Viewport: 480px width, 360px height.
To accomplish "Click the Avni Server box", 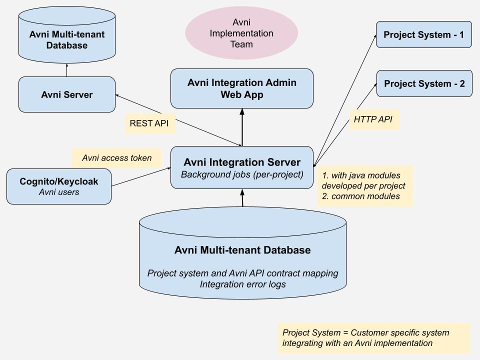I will (66, 94).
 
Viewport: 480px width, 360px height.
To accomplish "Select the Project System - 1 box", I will (423, 34).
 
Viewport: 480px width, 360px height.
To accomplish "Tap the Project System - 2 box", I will (424, 83).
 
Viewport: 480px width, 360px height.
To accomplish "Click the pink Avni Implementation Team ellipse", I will (241, 33).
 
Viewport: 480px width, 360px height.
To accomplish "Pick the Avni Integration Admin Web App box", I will (241, 88).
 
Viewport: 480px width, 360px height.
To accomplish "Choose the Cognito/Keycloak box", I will (59, 186).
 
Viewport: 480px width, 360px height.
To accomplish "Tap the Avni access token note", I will (116, 158).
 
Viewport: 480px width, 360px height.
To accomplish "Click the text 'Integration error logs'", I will (242, 284).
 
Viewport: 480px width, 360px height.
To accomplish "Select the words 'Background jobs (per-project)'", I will (242, 175).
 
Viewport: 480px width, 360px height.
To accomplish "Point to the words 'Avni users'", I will (59, 192).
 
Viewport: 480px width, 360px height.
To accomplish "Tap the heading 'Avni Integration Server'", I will (242, 162).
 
